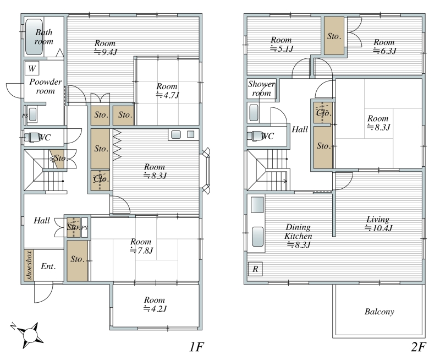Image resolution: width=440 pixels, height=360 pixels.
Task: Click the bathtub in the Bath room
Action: pos(34,36)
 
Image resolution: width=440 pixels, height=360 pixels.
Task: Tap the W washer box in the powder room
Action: pos(32,68)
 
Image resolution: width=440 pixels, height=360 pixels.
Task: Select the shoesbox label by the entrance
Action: pos(29,265)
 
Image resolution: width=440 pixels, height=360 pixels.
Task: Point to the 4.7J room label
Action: pos(167,90)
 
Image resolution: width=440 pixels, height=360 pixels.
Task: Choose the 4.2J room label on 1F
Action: pos(155,304)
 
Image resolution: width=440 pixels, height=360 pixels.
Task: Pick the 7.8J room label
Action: pos(141,246)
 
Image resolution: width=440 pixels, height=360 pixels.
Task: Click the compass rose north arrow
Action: pos(28,335)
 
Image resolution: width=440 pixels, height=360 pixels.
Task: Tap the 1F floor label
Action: pos(196,347)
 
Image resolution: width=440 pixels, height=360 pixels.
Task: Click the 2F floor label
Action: pos(419,347)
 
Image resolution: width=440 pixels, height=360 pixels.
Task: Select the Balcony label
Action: pos(380,312)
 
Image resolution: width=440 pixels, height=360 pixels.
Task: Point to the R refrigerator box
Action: pos(255,269)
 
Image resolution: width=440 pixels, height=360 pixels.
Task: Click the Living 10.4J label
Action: pos(378,223)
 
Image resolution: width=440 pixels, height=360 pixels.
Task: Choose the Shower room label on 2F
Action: pos(262,89)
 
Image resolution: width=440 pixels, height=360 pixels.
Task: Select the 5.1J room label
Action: pos(282,45)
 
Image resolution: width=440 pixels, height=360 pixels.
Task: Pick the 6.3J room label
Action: pos(384,47)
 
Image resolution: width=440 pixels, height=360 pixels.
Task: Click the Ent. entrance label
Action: pos(48,266)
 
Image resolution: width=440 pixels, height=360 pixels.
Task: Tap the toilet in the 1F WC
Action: pos(30,137)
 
